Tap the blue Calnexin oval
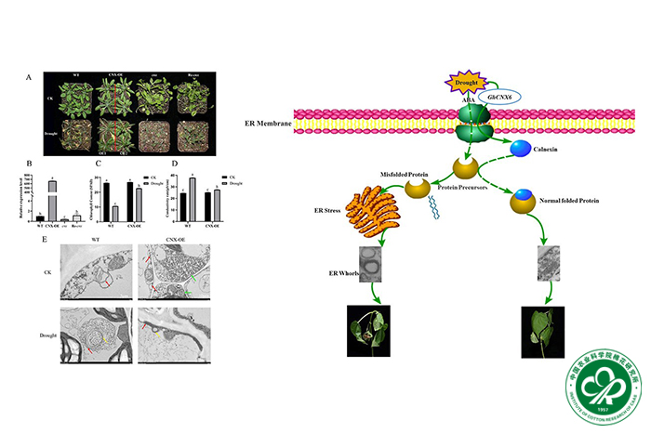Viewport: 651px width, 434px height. tap(520, 146)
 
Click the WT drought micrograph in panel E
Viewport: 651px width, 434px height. tap(96, 335)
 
